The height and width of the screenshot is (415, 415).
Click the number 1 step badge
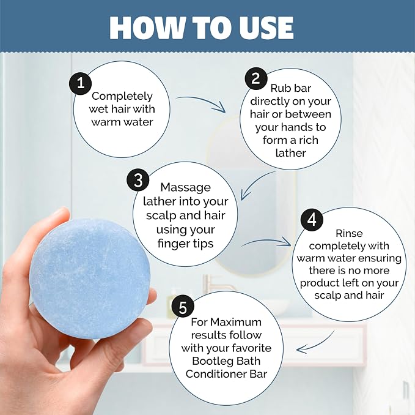point(80,83)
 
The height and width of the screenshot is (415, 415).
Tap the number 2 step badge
point(255,78)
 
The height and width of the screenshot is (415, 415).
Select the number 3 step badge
point(138,181)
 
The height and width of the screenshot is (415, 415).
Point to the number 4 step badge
point(312,220)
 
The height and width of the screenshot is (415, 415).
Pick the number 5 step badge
point(183,307)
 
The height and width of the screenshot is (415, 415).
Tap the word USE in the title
point(263,28)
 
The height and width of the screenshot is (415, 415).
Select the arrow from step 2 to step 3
point(254,183)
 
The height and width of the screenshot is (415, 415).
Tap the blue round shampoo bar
point(89,279)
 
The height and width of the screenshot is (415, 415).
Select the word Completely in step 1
point(122,96)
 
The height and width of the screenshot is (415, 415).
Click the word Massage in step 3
point(186,188)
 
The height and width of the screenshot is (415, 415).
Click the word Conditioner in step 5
point(217,374)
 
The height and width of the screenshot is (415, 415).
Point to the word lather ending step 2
point(290,153)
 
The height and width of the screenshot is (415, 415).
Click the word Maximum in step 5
point(236,322)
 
